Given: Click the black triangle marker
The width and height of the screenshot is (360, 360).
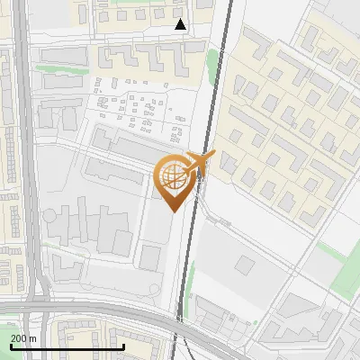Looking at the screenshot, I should (181, 24).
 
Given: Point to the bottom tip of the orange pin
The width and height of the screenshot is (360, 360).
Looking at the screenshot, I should (173, 211).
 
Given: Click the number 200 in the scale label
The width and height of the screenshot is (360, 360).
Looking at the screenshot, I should (19, 337).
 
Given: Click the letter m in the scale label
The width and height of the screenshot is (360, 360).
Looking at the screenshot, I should (33, 337).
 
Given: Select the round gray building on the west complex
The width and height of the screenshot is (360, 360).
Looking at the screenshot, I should (50, 217).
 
